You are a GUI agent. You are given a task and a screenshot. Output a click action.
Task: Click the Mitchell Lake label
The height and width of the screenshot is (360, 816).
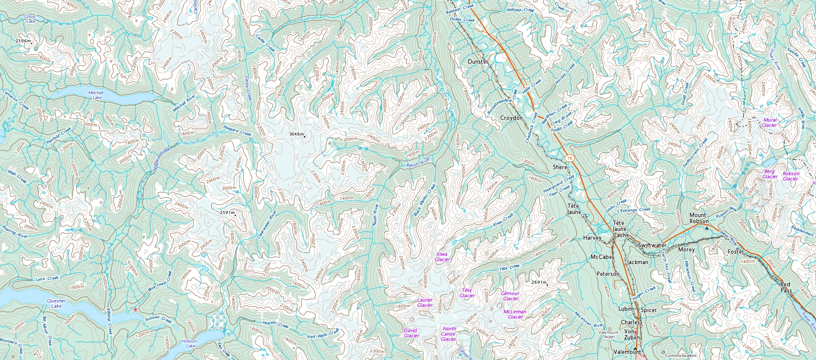click(x=96, y=95)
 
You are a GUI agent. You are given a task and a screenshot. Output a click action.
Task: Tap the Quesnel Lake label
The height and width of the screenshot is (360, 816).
click(x=56, y=303)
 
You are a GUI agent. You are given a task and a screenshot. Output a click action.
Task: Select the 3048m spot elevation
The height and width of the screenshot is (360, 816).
click(x=297, y=134)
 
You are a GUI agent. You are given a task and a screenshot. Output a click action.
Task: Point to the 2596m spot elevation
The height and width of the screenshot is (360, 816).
click(x=24, y=41)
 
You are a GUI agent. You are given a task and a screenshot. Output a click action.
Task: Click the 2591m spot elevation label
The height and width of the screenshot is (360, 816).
click(x=227, y=213)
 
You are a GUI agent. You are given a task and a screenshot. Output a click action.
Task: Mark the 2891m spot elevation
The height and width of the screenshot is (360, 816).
click(x=539, y=282)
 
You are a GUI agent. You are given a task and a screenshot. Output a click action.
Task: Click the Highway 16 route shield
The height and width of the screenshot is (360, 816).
click(x=569, y=157)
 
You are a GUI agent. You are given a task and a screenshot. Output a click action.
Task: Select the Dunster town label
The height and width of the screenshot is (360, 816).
click(x=478, y=62)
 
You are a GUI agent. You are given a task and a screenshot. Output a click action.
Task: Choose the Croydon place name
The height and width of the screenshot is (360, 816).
click(x=511, y=118)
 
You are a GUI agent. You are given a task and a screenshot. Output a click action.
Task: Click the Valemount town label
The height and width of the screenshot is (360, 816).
click(x=627, y=352)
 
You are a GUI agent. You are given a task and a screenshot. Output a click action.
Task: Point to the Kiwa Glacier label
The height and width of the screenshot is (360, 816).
click(x=442, y=257)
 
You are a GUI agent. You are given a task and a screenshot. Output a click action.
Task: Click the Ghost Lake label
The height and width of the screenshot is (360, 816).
click(x=30, y=19)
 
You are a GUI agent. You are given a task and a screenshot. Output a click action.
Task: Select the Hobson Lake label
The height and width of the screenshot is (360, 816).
click(x=190, y=343)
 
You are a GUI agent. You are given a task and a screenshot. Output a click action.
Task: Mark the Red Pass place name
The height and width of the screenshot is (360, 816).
click(x=786, y=287)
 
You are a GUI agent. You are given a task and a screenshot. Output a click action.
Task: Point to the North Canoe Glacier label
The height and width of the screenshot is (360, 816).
click(x=449, y=334)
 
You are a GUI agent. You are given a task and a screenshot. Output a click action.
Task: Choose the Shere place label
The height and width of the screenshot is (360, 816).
click(x=560, y=167)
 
